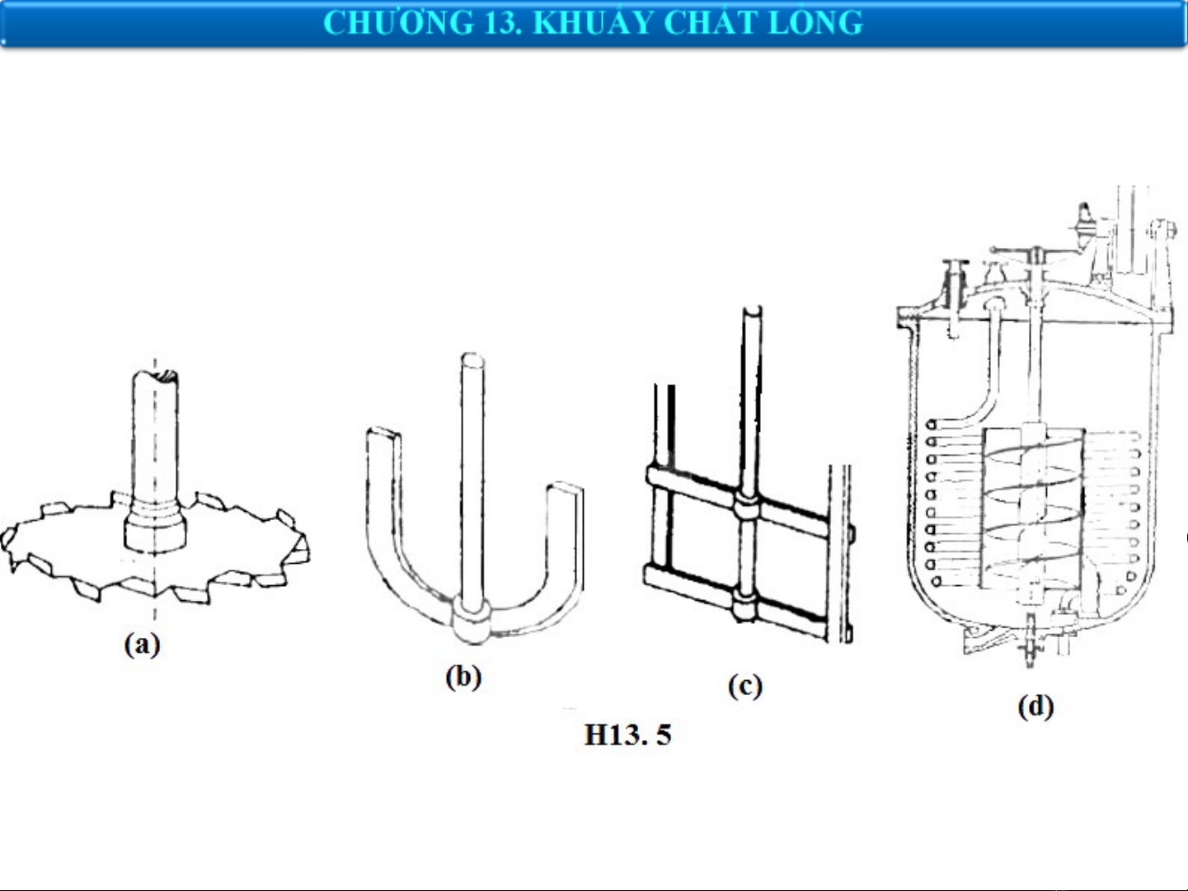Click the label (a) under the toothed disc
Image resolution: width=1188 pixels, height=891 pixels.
click(x=142, y=644)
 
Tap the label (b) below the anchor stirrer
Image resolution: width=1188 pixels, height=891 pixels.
click(x=463, y=677)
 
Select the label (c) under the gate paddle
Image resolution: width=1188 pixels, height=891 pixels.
click(x=744, y=686)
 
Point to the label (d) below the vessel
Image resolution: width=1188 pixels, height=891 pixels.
click(x=1035, y=706)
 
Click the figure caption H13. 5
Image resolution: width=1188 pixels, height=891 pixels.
click(x=627, y=734)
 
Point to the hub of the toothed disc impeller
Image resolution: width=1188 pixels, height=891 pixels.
click(x=155, y=528)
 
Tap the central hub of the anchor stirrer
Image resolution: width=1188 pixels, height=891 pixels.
click(x=472, y=618)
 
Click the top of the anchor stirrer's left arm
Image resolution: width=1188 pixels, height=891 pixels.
click(x=383, y=434)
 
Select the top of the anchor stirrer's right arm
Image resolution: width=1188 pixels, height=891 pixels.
click(x=566, y=488)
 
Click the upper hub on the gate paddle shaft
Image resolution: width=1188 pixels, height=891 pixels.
click(x=747, y=506)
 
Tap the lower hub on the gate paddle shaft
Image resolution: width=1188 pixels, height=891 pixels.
click(x=747, y=608)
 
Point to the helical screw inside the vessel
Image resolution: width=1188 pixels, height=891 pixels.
click(x=1032, y=511)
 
